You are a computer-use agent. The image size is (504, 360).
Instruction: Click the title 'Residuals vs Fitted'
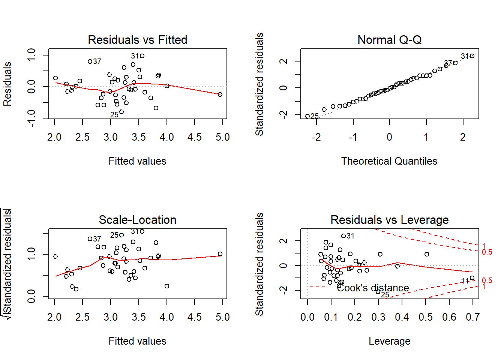pyautogui.click(x=137, y=40)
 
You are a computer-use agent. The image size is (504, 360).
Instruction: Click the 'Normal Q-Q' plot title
pyautogui.click(x=389, y=40)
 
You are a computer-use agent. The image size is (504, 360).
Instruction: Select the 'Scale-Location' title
pyautogui.click(x=137, y=220)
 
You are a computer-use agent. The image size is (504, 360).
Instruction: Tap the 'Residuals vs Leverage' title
pyautogui.click(x=389, y=220)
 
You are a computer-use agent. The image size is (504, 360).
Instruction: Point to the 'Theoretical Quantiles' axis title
pyautogui.click(x=389, y=161)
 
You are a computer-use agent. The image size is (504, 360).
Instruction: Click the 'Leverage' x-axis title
pyautogui.click(x=389, y=341)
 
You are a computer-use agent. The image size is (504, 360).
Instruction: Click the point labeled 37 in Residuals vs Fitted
pyautogui.click(x=90, y=61)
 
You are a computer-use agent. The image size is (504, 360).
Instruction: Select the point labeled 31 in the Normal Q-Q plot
pyautogui.click(x=472, y=56)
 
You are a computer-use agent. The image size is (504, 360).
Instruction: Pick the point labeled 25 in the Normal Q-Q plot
pyautogui.click(x=307, y=116)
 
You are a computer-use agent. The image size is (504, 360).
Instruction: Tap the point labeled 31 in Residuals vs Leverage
pyautogui.click(x=343, y=236)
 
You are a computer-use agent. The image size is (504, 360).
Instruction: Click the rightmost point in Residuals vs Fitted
pyautogui.click(x=220, y=94)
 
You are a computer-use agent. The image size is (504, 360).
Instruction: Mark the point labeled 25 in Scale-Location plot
pyautogui.click(x=121, y=235)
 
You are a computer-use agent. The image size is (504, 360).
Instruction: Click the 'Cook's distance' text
pyautogui.click(x=373, y=288)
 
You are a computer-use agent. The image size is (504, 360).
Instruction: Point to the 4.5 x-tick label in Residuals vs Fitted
pyautogui.click(x=195, y=137)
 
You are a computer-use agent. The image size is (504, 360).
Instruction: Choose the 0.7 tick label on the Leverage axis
pyautogui.click(x=473, y=317)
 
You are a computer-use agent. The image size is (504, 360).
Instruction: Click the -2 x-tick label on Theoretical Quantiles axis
pyautogui.click(x=316, y=137)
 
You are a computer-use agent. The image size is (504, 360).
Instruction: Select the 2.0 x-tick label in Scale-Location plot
pyautogui.click(x=54, y=317)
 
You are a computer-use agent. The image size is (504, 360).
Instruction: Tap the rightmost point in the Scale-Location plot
pyautogui.click(x=220, y=254)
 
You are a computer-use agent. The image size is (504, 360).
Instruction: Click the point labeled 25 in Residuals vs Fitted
pyautogui.click(x=121, y=112)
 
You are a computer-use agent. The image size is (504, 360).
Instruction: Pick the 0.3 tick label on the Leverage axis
pyautogui.click(x=378, y=317)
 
